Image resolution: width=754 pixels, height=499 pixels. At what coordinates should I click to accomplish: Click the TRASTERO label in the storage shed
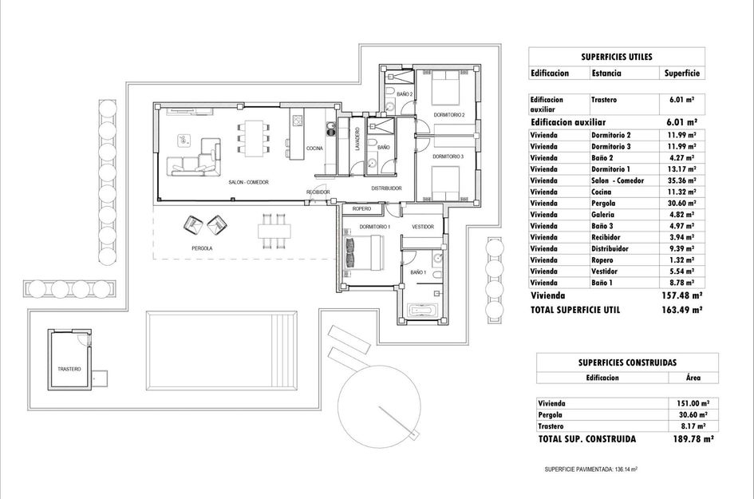(x=69, y=370)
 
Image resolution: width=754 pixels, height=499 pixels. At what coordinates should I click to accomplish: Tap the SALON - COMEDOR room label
(x=248, y=183)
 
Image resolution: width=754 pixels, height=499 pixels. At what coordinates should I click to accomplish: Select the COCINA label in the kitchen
(x=314, y=149)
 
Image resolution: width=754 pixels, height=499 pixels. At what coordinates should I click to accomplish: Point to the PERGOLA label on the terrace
(x=202, y=248)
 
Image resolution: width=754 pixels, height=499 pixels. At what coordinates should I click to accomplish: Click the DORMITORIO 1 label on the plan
(x=374, y=228)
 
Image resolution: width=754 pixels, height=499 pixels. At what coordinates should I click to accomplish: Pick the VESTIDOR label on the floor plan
(x=423, y=228)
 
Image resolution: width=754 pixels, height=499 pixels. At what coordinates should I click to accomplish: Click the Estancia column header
(x=606, y=73)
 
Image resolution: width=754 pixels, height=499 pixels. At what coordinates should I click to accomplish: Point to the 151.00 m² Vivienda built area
(x=691, y=403)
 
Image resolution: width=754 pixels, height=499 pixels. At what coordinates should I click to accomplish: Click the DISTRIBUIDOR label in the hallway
(x=386, y=188)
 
